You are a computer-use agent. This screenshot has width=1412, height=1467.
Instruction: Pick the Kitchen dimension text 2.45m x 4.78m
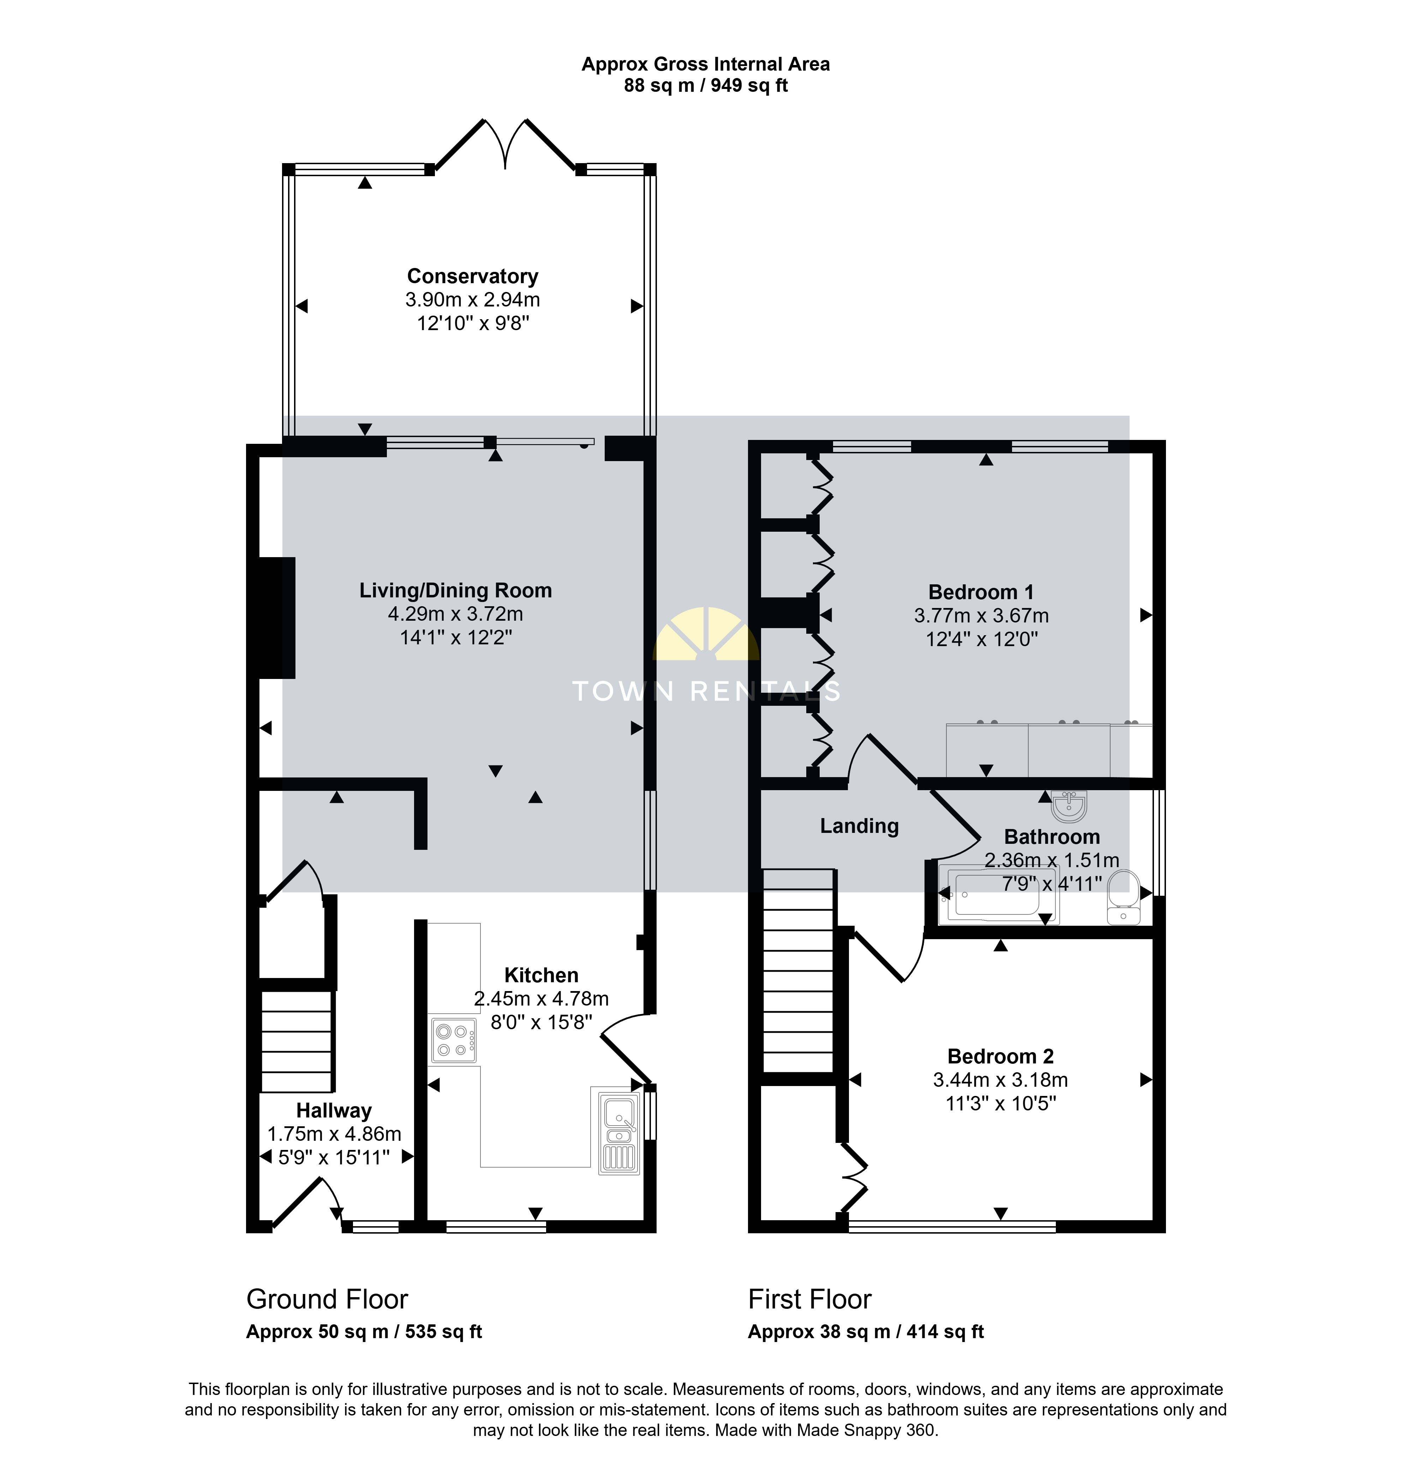pos(541,998)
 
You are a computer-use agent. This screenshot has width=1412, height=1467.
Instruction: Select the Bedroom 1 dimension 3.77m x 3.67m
pos(981,615)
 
